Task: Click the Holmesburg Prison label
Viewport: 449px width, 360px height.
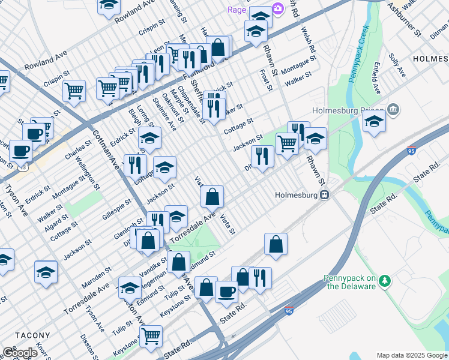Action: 348,110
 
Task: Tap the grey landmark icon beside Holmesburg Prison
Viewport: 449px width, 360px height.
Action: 394,109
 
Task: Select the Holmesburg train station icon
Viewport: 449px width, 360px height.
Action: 324,194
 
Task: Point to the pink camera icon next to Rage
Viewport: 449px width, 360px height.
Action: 277,8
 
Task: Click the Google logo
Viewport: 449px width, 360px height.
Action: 20,353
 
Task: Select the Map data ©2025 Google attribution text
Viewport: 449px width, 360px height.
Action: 412,355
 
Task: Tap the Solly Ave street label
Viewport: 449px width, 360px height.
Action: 397,66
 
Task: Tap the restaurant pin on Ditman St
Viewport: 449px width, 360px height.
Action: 262,156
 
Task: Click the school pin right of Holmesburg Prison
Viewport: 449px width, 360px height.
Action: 374,121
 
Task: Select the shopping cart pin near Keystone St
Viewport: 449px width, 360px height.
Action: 151,335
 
